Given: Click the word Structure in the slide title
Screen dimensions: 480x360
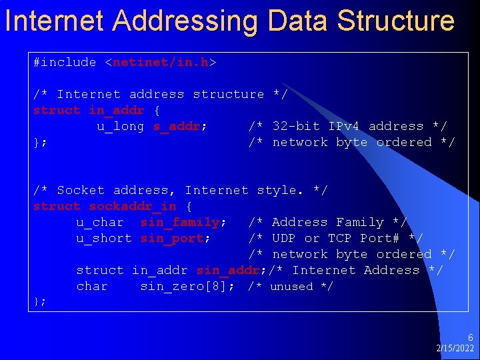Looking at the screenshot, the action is pos(396,20).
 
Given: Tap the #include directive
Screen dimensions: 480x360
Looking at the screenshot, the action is pos(65,62).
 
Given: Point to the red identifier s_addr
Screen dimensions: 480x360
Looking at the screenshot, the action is pos(177,126).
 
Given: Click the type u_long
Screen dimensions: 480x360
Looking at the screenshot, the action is pos(120,126).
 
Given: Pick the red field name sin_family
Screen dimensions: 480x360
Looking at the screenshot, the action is pos(180,222).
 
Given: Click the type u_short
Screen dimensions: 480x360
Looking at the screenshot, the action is pos(104,238).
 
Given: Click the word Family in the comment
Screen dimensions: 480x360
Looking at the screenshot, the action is pos(360,222).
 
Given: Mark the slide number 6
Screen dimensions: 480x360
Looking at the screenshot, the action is pos(470,338).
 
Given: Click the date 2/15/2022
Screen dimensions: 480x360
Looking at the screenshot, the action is pos(455,349).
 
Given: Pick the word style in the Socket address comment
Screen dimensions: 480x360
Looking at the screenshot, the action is pos(279,190).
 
